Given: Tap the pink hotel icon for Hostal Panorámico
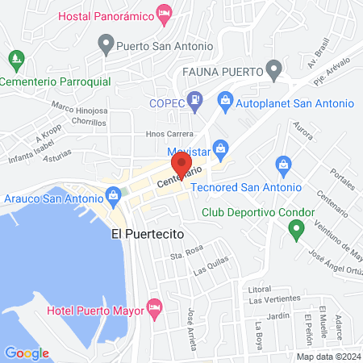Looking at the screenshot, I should coord(164,13).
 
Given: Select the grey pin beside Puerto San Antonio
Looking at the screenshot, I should coord(105,42).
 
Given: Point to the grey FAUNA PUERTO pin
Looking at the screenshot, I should coord(274,68).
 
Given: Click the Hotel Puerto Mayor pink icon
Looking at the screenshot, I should coord(156,307).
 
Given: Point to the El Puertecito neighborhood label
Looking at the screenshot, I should coord(148,233).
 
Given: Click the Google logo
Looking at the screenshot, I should coord(27,353).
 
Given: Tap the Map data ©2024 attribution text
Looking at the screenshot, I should coord(328,357).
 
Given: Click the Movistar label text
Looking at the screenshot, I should coord(189,151).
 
